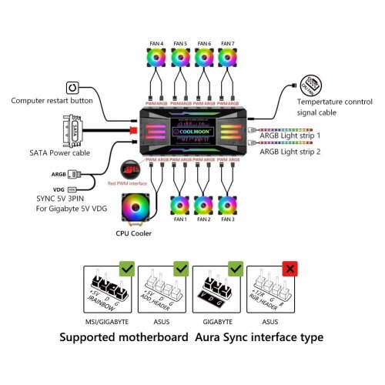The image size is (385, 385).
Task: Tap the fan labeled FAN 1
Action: pos(181,208)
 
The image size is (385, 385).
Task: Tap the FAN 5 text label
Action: pos(181,42)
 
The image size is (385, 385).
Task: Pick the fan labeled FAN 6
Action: pos(204,59)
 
